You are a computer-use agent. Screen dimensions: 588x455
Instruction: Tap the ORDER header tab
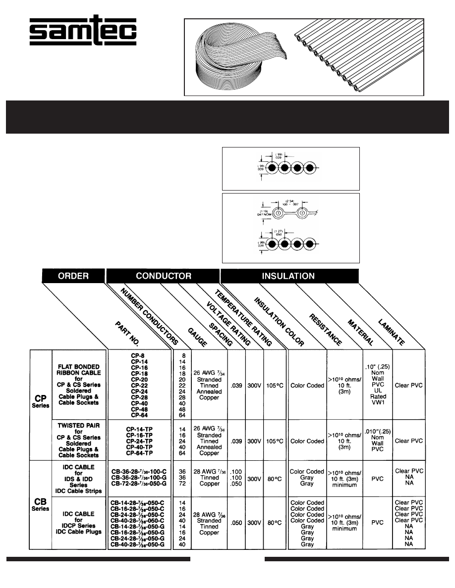click(x=73, y=276)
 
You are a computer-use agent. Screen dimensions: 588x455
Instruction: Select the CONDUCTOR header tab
click(x=163, y=276)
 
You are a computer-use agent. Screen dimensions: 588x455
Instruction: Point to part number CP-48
click(x=139, y=409)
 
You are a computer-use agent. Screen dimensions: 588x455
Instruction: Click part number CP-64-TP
click(x=139, y=453)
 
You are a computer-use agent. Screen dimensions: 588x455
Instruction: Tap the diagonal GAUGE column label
click(x=197, y=335)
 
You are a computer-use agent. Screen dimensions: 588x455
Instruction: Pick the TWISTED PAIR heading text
click(x=79, y=425)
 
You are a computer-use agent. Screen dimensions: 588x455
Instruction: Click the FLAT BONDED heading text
click(x=79, y=367)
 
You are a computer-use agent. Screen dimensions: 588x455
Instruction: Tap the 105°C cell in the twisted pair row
click(x=273, y=441)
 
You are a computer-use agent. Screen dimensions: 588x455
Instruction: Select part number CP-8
click(x=139, y=355)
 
